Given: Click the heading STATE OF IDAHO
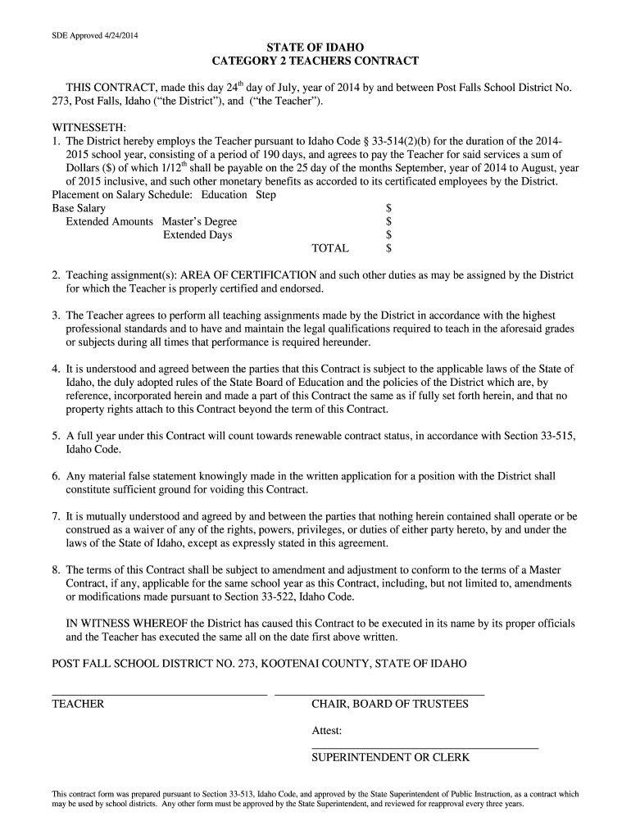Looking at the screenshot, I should click(315, 48).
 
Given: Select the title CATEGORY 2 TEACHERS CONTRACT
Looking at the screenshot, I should click(315, 61).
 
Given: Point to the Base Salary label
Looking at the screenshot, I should click(79, 208).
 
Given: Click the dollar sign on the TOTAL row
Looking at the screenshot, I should click(388, 248).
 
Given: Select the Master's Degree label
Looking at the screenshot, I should click(199, 221).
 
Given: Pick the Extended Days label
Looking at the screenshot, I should click(197, 235).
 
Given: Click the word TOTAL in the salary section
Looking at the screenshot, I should click(330, 248).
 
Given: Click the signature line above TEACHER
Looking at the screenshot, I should click(160, 695).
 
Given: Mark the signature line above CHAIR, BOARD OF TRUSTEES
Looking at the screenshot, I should click(379, 695).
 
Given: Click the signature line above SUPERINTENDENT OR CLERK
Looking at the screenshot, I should click(424, 748).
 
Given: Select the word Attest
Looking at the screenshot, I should click(327, 731).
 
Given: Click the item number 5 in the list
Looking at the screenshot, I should click(55, 436).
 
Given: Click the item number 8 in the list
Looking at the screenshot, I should click(55, 569).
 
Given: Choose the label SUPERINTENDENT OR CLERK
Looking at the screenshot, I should click(390, 758).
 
